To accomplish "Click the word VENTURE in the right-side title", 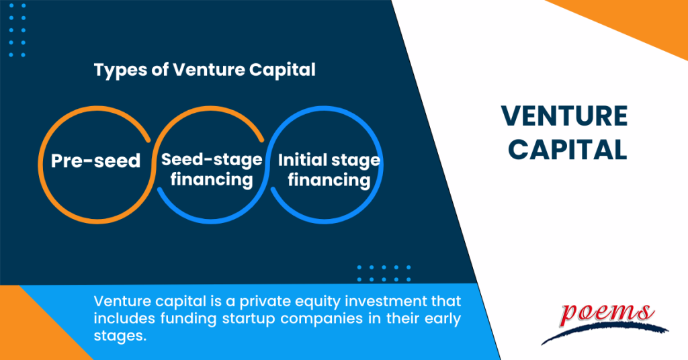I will (564, 117).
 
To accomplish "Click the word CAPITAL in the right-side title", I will (564, 150).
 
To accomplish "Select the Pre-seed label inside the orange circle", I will (96, 161).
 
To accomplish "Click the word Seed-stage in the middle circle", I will (211, 160).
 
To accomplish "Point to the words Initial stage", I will (329, 161).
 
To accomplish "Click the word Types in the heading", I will (116, 70).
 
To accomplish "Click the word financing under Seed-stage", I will (211, 180).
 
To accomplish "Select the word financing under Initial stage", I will (329, 181).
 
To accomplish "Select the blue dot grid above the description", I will (382, 273).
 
